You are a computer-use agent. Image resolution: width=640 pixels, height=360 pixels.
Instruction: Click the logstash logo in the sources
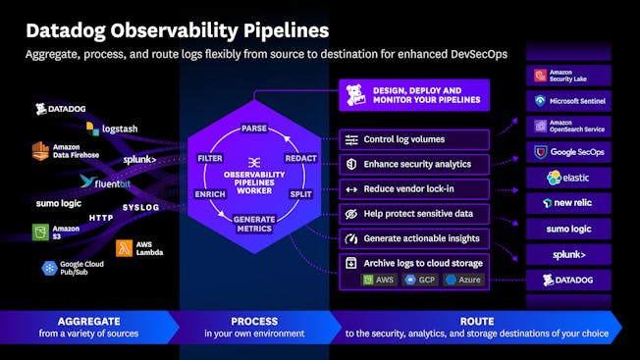[112, 128]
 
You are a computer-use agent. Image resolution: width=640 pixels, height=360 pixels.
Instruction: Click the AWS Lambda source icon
[137, 249]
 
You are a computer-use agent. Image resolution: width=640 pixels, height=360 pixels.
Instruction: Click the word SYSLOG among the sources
[140, 207]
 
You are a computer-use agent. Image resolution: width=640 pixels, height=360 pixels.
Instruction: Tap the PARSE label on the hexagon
[254, 129]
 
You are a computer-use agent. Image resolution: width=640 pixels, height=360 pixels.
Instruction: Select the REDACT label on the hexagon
[299, 157]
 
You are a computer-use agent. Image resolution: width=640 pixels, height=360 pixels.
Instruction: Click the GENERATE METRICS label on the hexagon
[254, 223]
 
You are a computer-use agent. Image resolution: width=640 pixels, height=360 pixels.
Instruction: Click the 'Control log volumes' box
[413, 140]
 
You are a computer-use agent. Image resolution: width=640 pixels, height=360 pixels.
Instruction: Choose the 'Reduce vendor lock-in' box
[413, 188]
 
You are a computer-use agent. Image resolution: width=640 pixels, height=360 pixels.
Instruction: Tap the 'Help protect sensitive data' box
[413, 213]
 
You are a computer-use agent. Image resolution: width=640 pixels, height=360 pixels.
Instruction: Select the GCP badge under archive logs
[419, 280]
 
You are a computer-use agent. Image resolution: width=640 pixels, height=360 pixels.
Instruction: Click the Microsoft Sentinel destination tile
[569, 100]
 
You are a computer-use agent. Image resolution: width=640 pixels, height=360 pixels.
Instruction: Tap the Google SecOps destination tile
[569, 151]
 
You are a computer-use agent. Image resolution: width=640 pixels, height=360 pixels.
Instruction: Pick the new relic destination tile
[569, 203]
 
